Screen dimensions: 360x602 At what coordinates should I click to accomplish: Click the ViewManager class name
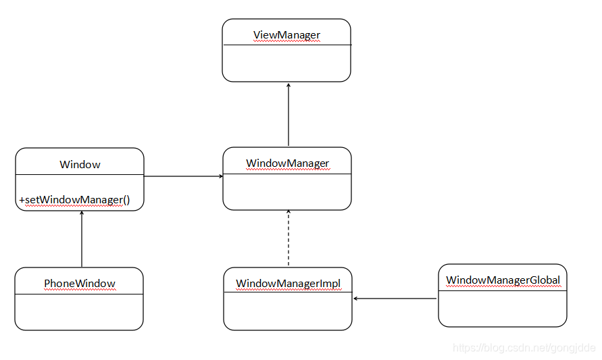point(286,35)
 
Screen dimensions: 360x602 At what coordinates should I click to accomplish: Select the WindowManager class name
point(287,163)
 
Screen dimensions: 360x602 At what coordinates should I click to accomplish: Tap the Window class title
point(80,164)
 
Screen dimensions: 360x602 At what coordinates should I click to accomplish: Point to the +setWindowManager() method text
point(74,199)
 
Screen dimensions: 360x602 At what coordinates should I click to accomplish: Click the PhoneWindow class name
point(80,284)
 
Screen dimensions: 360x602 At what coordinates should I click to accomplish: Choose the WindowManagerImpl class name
point(288,284)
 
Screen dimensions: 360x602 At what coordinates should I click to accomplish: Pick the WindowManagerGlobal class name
point(503,280)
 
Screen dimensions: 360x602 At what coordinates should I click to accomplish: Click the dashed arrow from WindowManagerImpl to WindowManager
point(289,240)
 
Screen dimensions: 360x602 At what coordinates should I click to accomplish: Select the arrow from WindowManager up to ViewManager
point(289,115)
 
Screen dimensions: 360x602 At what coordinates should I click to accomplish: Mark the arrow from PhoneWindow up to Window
point(82,240)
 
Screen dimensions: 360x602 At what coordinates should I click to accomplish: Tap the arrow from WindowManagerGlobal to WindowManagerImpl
point(396,299)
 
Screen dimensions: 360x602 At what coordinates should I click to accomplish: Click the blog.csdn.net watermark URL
point(524,348)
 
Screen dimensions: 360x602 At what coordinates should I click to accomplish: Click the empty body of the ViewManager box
point(286,63)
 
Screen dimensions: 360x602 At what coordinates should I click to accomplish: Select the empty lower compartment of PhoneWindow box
point(79,312)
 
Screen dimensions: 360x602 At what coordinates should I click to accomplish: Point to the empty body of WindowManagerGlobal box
point(503,309)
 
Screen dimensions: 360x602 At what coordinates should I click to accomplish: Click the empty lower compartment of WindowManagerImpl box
point(288,312)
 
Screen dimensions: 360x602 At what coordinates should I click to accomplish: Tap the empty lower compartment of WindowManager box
point(287,192)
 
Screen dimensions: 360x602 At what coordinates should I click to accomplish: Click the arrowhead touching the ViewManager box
point(289,86)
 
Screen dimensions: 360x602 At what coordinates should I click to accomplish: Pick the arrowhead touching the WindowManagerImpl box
point(356,299)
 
